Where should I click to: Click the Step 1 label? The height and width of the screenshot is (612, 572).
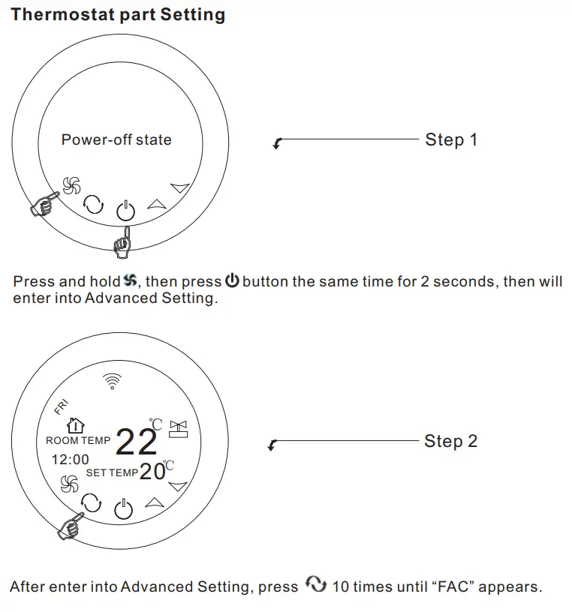click(451, 139)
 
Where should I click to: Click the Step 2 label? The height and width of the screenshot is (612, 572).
click(450, 441)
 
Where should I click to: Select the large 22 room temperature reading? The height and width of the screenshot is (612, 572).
click(136, 442)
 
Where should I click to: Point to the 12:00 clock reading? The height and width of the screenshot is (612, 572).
click(70, 460)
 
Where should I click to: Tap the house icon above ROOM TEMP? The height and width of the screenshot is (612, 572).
click(75, 426)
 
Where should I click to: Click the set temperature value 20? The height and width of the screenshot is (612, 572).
click(152, 472)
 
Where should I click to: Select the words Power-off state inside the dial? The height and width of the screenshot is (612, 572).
click(116, 139)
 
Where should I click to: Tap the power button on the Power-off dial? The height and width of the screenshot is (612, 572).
click(125, 211)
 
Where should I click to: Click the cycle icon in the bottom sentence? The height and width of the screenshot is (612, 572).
click(316, 586)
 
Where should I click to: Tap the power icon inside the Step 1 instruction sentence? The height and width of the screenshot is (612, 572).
click(232, 282)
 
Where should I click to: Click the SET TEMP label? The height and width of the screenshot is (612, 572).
click(112, 473)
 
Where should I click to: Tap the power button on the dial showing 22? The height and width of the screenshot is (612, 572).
click(124, 511)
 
